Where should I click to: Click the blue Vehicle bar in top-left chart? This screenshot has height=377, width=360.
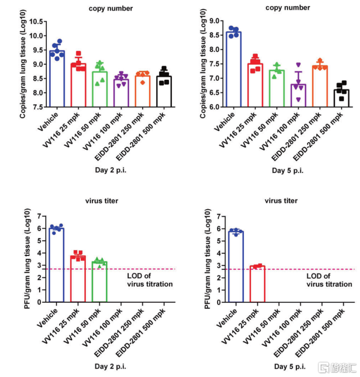tap(56, 78)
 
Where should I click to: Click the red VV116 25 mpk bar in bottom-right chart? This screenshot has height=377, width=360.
tap(256, 284)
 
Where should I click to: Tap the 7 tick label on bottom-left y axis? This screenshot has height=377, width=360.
tap(40, 216)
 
